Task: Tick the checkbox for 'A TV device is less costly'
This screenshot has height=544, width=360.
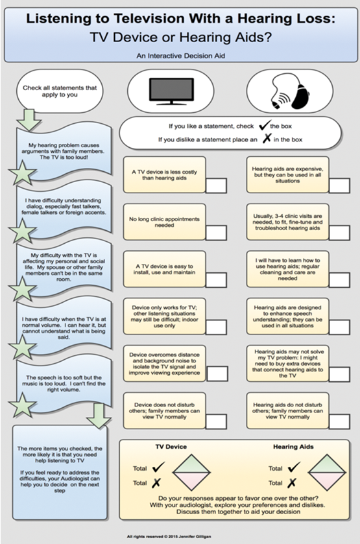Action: click(216, 185)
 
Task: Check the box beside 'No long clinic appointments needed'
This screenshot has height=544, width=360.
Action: click(216, 233)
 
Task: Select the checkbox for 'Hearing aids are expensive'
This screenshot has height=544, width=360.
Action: click(339, 185)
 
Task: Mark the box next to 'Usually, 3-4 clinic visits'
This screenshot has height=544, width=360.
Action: click(339, 233)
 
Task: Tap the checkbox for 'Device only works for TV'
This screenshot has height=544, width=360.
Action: click(216, 327)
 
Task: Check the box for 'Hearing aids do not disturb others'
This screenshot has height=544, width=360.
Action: click(339, 421)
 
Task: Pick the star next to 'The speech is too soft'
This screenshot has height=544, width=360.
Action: click(23, 405)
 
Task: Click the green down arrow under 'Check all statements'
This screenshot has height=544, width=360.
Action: click(29, 120)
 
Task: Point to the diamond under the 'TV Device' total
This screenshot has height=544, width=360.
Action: click(191, 472)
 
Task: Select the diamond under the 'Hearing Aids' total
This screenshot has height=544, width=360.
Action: click(327, 472)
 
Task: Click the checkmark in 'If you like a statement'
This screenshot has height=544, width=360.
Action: click(265, 125)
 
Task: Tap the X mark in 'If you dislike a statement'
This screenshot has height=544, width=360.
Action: click(267, 138)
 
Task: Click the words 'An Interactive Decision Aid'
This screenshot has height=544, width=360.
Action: click(180, 56)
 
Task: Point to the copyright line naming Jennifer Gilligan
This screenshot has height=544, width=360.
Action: click(169, 537)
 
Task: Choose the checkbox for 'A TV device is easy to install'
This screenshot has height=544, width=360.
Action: click(216, 280)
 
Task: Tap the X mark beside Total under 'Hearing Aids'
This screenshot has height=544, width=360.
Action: click(292, 482)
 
